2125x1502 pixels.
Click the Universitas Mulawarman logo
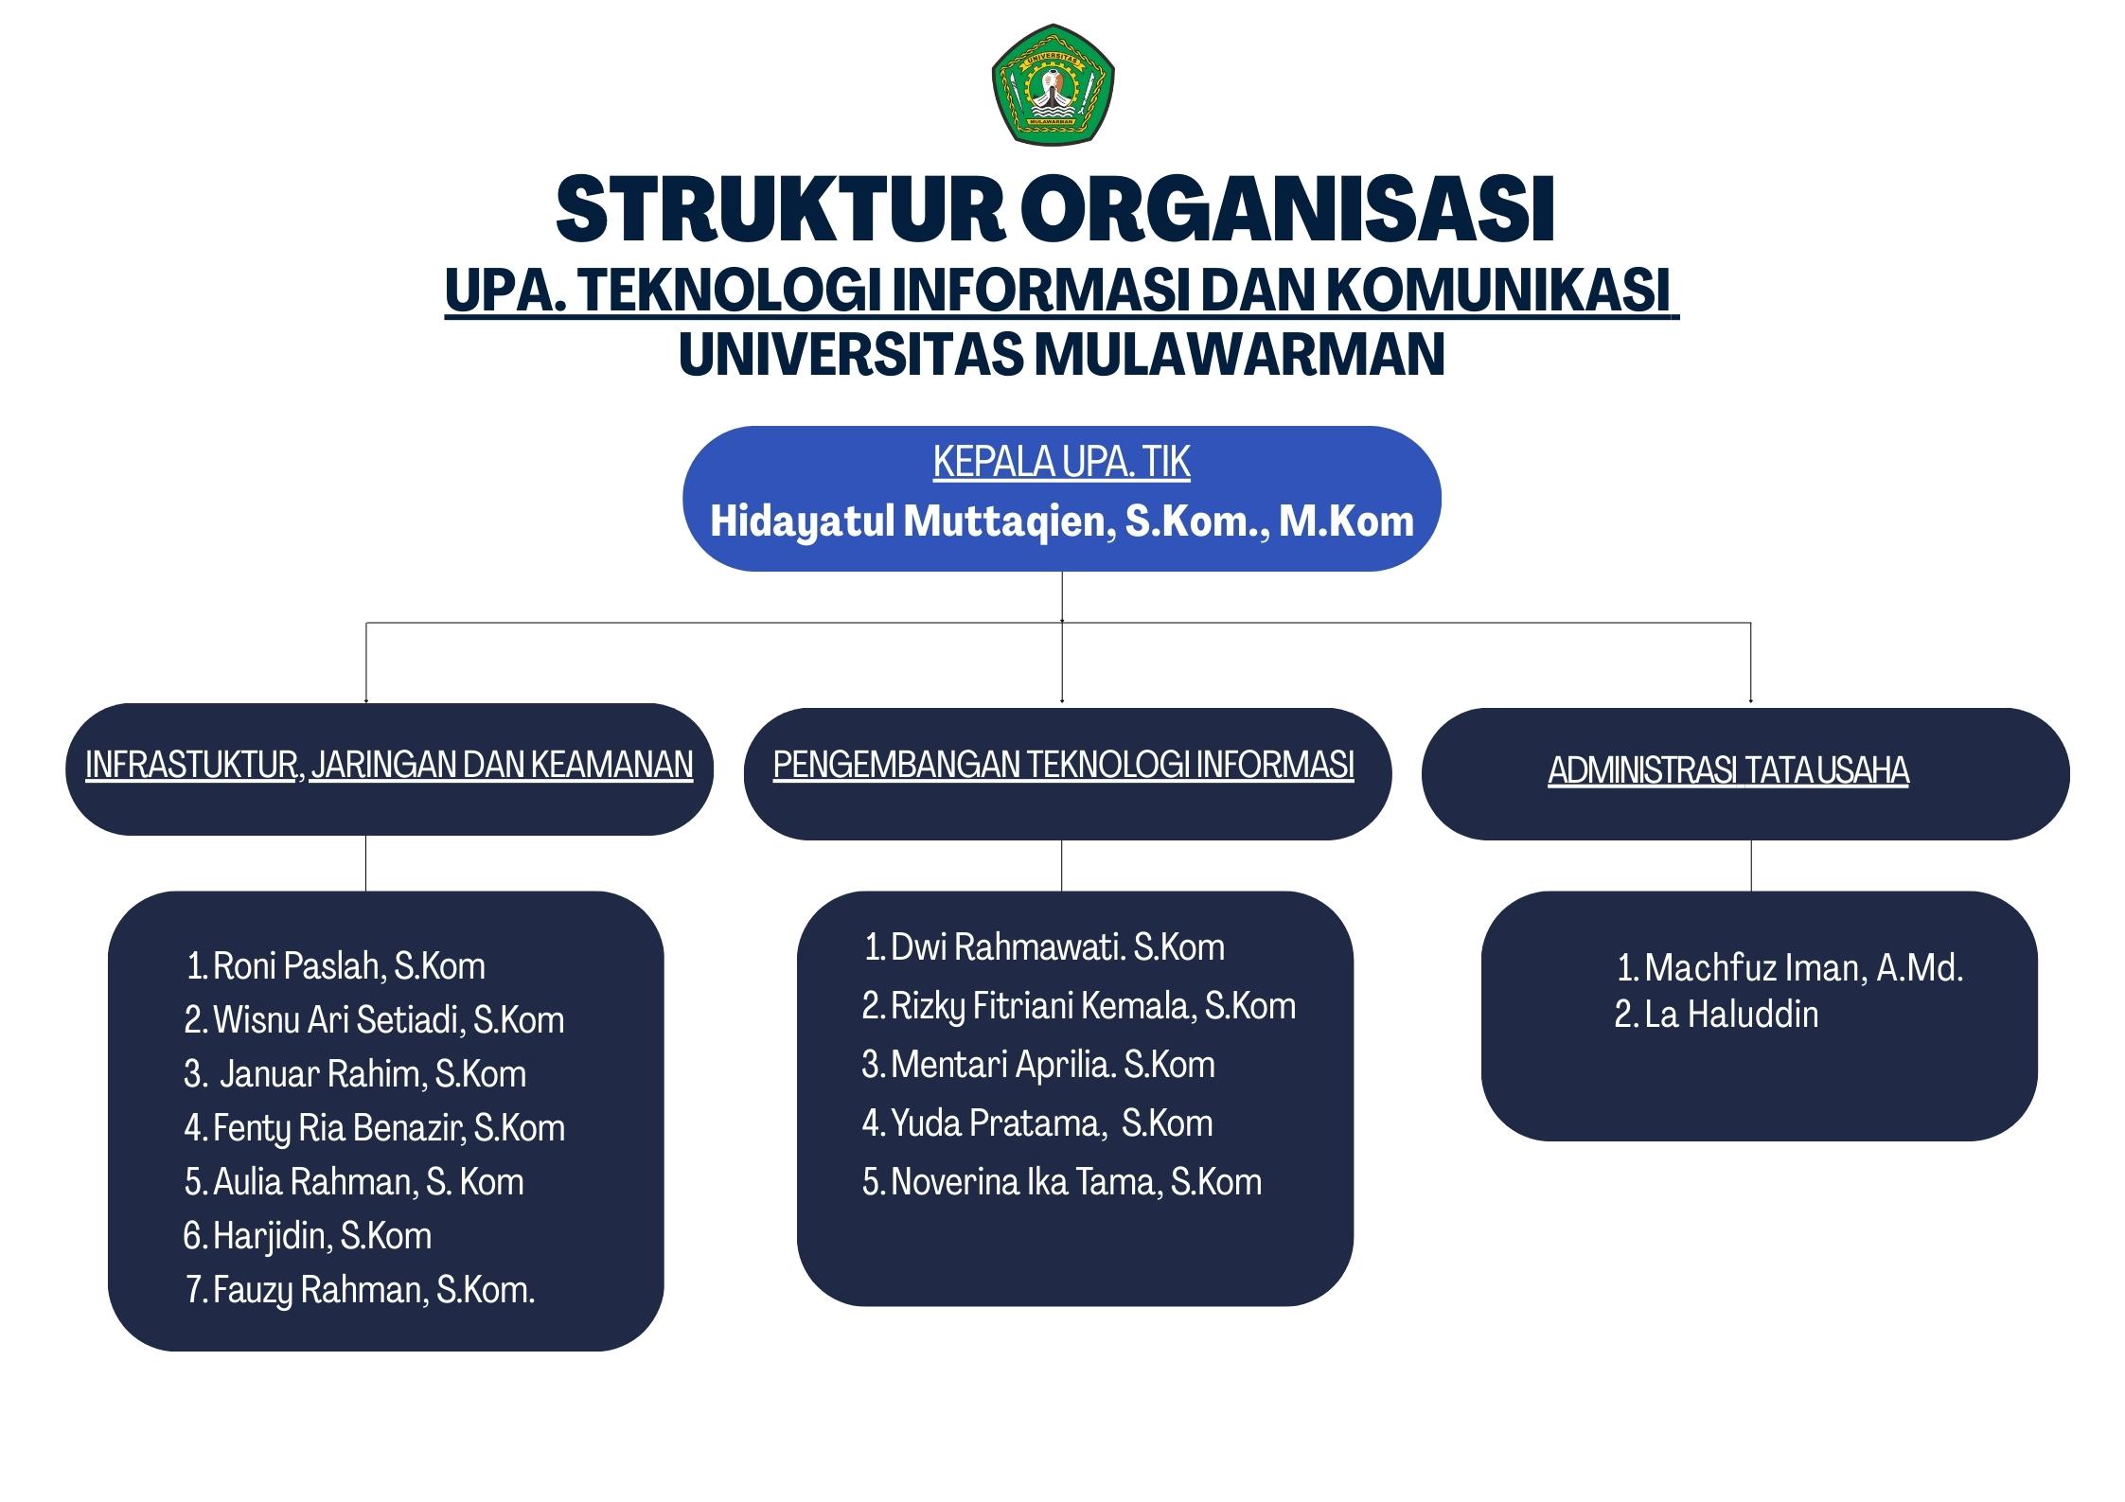tap(1053, 84)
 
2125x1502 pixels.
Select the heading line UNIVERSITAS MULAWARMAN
tap(1062, 354)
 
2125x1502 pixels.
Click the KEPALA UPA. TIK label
tap(1061, 462)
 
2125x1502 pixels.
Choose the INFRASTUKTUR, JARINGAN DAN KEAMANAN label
tap(389, 765)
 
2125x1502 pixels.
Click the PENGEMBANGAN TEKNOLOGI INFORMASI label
tap(1063, 765)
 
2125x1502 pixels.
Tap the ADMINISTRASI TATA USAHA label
tap(1728, 770)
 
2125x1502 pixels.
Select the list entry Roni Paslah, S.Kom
tap(336, 966)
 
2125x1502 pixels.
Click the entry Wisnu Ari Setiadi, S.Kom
tap(374, 1020)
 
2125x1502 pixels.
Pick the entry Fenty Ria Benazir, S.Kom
tap(375, 1128)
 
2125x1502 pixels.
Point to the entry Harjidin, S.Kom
tap(308, 1236)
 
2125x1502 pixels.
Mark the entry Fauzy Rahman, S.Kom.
tap(360, 1290)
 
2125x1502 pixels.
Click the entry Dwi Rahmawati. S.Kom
tap(1044, 947)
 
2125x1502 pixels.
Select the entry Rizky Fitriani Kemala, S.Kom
tap(1079, 1006)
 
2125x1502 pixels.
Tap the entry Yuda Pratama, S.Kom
tap(1037, 1123)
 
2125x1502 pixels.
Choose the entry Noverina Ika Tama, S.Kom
tap(1062, 1182)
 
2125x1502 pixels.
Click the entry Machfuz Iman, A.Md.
tap(1790, 968)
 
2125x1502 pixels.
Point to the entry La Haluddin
tap(1716, 1015)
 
